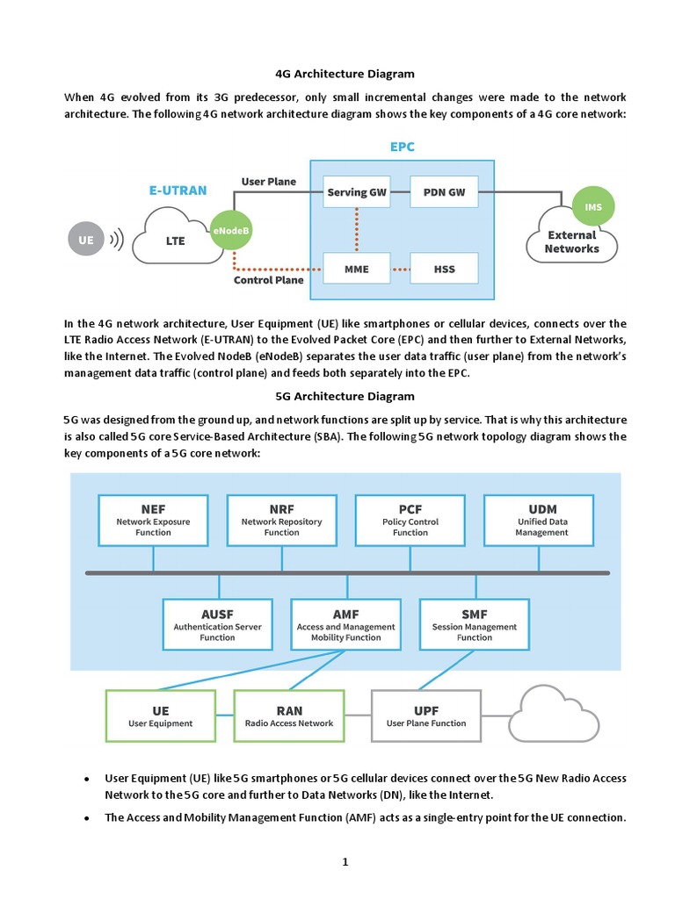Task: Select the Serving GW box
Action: (356, 192)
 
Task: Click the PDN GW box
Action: (444, 192)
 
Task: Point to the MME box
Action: (356, 269)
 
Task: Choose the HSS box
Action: (444, 269)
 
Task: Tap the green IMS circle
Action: (592, 206)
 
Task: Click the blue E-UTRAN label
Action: (178, 190)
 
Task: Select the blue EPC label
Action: (402, 147)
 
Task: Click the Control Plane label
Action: (269, 281)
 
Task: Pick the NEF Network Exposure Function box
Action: (153, 521)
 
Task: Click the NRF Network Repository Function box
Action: (281, 521)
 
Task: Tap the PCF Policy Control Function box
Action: (410, 521)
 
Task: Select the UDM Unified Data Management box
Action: (541, 521)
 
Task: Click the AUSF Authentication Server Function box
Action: (217, 625)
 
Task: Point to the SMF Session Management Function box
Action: (474, 625)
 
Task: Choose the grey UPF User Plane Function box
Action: (426, 716)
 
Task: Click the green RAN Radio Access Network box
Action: (288, 716)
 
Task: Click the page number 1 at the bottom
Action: (345, 861)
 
